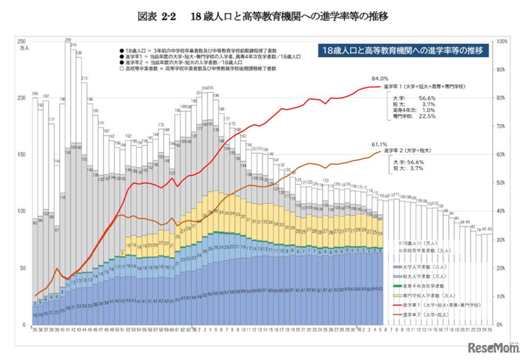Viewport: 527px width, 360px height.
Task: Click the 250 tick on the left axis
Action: tap(21, 41)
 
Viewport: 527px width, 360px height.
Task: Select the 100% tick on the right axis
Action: tap(501, 41)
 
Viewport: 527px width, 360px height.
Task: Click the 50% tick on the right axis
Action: tap(500, 183)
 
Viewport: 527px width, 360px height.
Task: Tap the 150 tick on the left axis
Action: tap(21, 154)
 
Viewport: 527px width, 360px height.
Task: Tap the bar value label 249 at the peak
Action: tap(68, 39)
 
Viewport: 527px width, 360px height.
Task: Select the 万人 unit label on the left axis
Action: tap(24, 48)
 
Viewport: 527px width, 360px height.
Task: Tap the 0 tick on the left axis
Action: tap(23, 324)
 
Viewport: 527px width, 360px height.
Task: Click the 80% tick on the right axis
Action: tap(500, 97)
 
